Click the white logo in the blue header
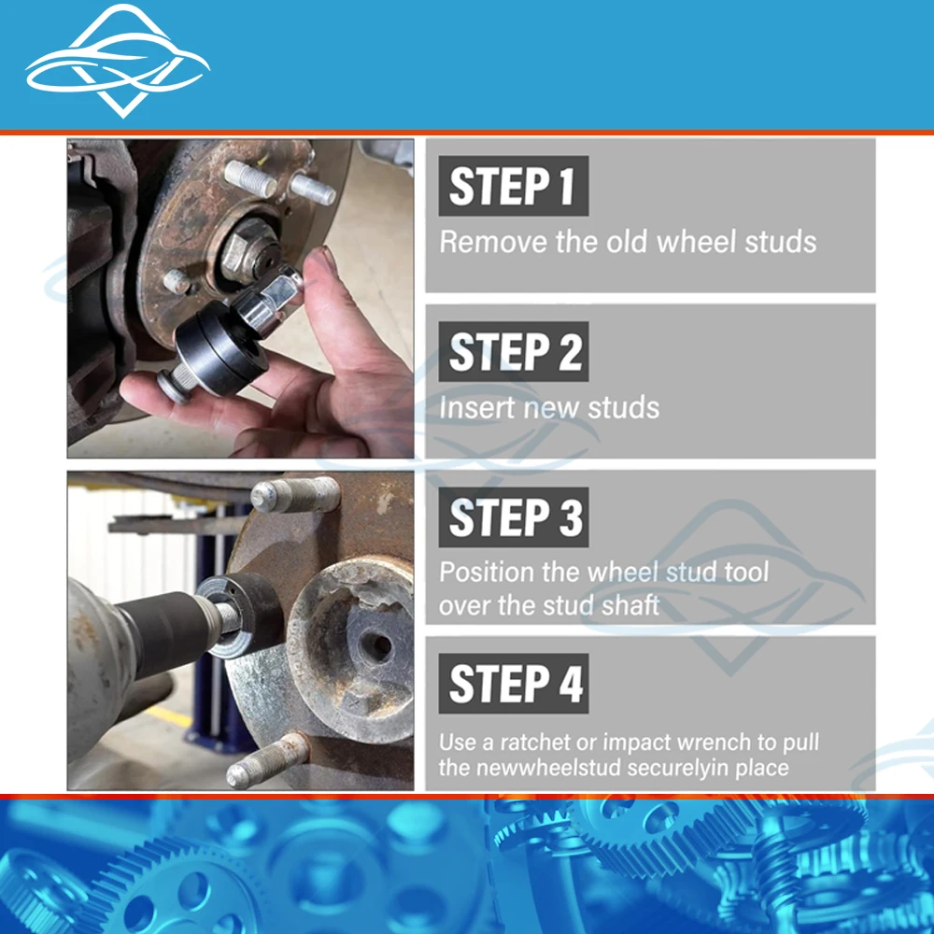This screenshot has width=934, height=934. [x=118, y=61]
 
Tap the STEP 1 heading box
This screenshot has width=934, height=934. [x=514, y=186]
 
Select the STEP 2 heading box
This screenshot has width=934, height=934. [x=514, y=351]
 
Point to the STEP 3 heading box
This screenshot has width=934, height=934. [x=514, y=517]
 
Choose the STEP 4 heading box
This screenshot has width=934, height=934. [x=514, y=684]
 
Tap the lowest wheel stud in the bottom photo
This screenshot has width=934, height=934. [x=268, y=762]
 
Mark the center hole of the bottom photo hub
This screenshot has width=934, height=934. [x=375, y=647]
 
